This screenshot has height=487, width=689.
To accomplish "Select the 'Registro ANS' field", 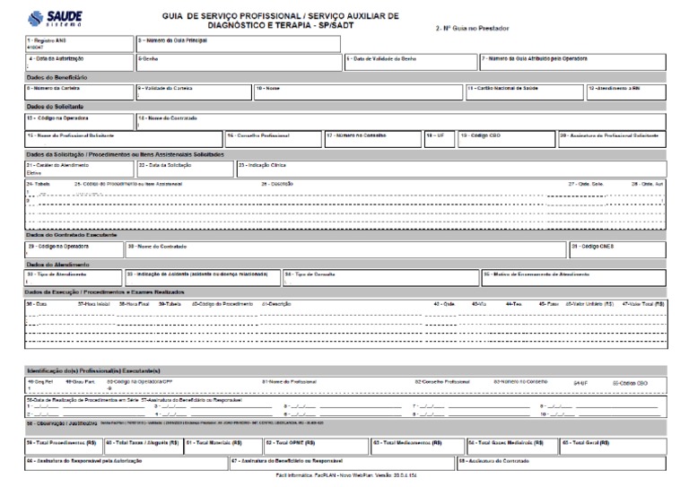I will pyautogui.click(x=79, y=44).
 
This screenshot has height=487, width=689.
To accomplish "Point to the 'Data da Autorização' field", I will pyautogui.click(x=79, y=62).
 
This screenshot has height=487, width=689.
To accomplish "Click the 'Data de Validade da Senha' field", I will pyautogui.click(x=410, y=62).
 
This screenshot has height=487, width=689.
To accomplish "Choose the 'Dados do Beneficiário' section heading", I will pyautogui.click(x=57, y=77).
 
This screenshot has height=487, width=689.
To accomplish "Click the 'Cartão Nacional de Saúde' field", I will pyautogui.click(x=523, y=91).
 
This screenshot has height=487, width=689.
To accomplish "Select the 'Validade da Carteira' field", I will pyautogui.click(x=192, y=91).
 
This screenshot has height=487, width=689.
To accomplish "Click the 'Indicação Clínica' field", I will pyautogui.click(x=449, y=169).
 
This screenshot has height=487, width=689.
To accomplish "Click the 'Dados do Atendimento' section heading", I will pyautogui.click(x=55, y=264).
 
